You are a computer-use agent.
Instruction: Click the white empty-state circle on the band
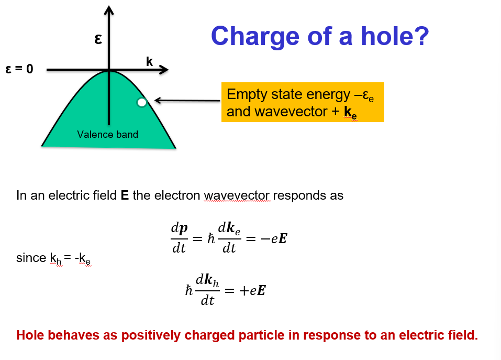pyautogui.click(x=141, y=103)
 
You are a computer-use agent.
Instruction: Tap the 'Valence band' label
pyautogui.click(x=107, y=135)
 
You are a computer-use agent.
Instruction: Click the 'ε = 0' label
pyautogui.click(x=19, y=69)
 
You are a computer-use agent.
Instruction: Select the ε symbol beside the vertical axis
pyautogui.click(x=97, y=39)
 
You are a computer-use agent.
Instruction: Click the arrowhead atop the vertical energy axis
pyautogui.click(x=109, y=9)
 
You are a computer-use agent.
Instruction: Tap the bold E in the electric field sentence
pyautogui.click(x=125, y=196)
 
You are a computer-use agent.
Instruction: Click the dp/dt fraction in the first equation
pyautogui.click(x=179, y=238)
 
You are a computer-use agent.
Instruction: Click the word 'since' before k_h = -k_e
pyautogui.click(x=31, y=258)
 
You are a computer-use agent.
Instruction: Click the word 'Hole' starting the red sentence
pyautogui.click(x=30, y=335)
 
